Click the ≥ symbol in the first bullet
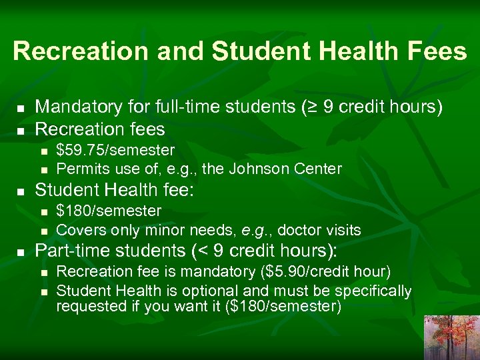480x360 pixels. pos(307,107)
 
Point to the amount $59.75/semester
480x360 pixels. pos(115,151)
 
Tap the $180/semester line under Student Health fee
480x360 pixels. pos(109,211)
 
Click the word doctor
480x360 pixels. pos(295,231)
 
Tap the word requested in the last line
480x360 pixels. pos(88,307)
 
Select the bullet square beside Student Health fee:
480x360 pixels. pos(21,191)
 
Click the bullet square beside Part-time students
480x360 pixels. pos(21,253)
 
